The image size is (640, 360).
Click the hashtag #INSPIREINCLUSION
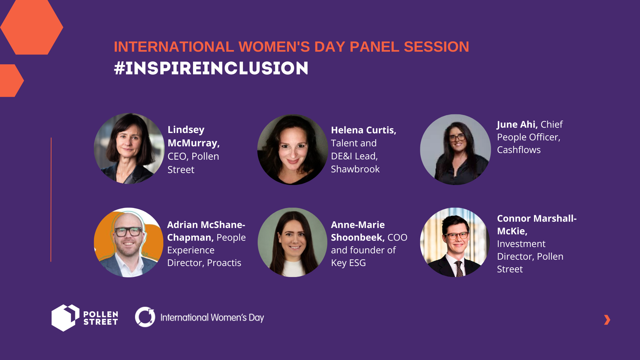coord(211,68)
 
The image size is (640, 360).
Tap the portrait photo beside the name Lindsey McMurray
coord(129,149)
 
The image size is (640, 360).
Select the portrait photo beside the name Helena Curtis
coord(292,150)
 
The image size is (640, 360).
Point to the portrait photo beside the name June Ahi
coord(455,150)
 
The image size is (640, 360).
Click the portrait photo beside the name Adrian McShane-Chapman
coord(129,242)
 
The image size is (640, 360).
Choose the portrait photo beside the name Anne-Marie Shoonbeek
coord(292,242)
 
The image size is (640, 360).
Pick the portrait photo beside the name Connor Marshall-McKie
coord(455,242)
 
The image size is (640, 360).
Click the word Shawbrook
coord(355,169)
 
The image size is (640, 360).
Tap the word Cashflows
coord(519,150)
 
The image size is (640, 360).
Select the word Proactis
coord(224,263)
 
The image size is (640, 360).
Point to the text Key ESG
coord(348,263)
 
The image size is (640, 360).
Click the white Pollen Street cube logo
coord(65,318)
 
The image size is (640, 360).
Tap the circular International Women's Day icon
coord(145,317)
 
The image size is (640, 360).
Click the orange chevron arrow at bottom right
coord(607,320)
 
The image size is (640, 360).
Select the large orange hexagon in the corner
coord(32,27)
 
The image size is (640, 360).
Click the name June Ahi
coord(517,124)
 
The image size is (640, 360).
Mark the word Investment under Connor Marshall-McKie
coord(521,244)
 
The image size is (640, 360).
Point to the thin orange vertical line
coord(51,199)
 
